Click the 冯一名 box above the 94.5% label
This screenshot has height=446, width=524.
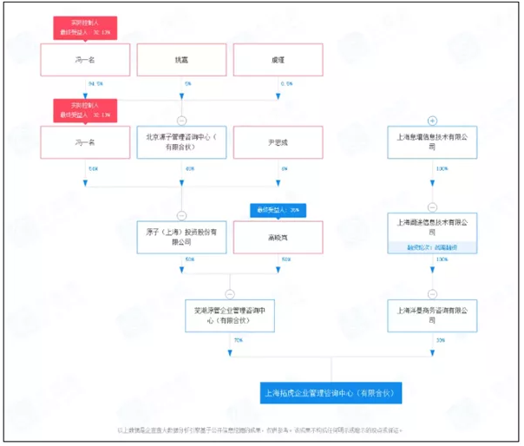point(84,60)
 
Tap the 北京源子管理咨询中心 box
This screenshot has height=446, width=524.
point(181,142)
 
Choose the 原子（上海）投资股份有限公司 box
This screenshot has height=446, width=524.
point(181,237)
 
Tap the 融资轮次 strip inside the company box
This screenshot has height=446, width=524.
point(432,247)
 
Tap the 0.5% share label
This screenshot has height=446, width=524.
point(286,83)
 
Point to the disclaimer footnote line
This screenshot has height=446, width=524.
point(260,430)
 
